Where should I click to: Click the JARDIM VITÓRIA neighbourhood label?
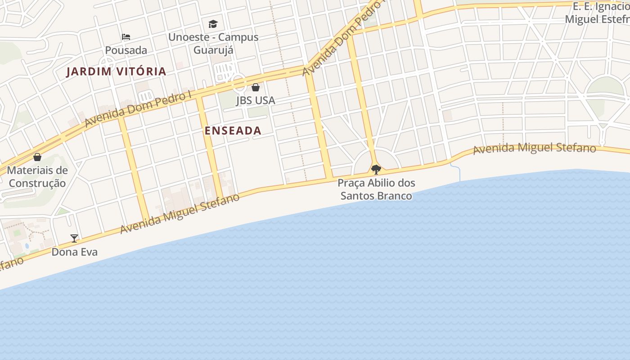coord(116,72)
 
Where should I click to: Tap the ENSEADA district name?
coord(233,131)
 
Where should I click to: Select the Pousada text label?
coord(126,50)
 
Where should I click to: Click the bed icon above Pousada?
coord(126,37)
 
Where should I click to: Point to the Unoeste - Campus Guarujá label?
coord(213,43)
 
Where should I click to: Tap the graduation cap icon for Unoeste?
coord(213,24)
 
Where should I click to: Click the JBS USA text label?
coord(256,100)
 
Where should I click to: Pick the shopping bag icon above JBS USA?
coord(256,87)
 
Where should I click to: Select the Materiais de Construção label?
coord(37,177)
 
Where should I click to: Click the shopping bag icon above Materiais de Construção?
coord(37,157)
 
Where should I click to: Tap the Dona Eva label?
coord(75,252)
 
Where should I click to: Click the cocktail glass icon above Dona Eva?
coord(74,238)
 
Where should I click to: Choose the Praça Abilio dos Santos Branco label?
coord(376,189)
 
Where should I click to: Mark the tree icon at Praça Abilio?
coord(376,170)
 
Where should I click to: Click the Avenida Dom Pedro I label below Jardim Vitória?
coord(138,109)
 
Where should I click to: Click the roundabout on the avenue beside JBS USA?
coord(239,83)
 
